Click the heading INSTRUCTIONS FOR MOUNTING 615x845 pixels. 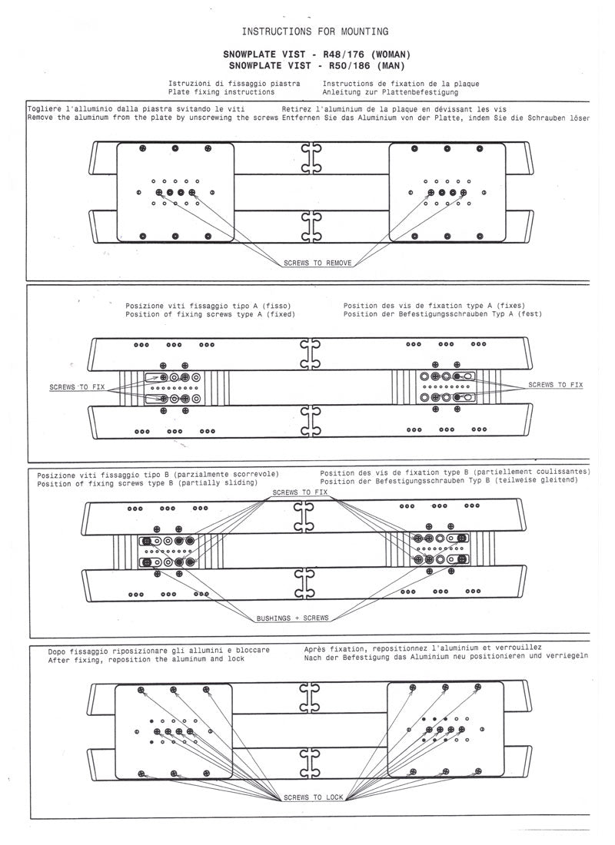point(314,31)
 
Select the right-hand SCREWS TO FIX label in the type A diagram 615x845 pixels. point(555,384)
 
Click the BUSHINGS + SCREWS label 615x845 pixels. point(292,618)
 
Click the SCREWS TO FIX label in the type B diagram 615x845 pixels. point(300,492)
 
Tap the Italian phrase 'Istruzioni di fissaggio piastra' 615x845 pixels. point(234,82)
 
